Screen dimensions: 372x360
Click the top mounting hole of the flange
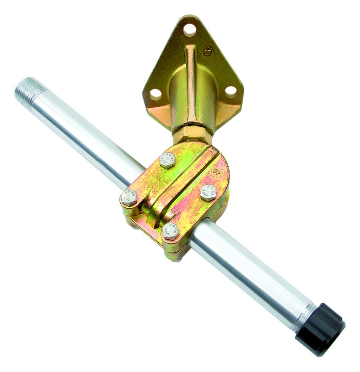click(x=189, y=29)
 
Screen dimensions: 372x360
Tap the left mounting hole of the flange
click(x=155, y=94)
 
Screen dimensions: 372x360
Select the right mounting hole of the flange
click(x=231, y=91)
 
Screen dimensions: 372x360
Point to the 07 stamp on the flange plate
click(x=208, y=52)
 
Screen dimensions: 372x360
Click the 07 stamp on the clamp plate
click(x=217, y=171)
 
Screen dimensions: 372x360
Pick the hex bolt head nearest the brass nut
click(x=167, y=160)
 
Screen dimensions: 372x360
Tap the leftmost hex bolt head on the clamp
click(x=129, y=197)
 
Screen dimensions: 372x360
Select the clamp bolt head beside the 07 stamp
click(x=209, y=192)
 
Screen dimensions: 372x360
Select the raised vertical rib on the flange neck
click(x=191, y=84)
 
